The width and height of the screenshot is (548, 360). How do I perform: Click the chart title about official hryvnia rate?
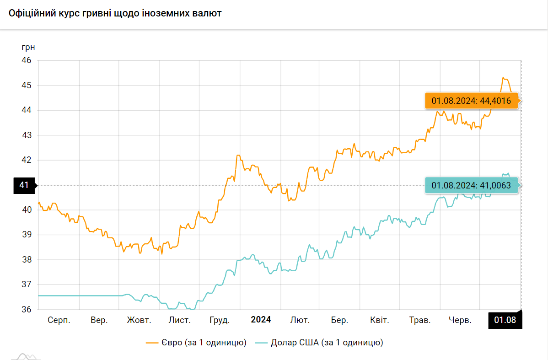115,13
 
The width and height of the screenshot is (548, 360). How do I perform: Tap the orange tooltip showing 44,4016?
471,101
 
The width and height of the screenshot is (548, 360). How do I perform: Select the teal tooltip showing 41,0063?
471,185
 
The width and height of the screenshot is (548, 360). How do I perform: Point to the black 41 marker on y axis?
24,185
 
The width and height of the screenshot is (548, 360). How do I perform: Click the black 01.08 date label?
505,320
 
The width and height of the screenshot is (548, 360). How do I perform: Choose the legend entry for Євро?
197,342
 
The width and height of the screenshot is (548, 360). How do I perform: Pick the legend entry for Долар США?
319,342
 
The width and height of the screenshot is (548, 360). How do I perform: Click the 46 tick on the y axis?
27,60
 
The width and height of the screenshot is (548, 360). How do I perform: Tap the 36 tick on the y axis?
27,309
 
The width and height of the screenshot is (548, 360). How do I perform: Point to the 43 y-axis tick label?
27,135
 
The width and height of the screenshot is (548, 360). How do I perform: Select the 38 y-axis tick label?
27,260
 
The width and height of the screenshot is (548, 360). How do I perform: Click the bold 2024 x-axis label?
261,320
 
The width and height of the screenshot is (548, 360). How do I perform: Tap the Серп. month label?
59,320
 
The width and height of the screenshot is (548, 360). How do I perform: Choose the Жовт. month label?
139,320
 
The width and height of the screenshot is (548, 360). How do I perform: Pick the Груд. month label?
220,320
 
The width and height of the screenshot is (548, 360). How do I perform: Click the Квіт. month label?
380,320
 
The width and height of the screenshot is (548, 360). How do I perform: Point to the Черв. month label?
460,320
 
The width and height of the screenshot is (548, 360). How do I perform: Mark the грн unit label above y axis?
28,47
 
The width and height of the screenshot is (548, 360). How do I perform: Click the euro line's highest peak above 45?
503,78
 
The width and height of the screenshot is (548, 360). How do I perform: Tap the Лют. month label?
300,320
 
